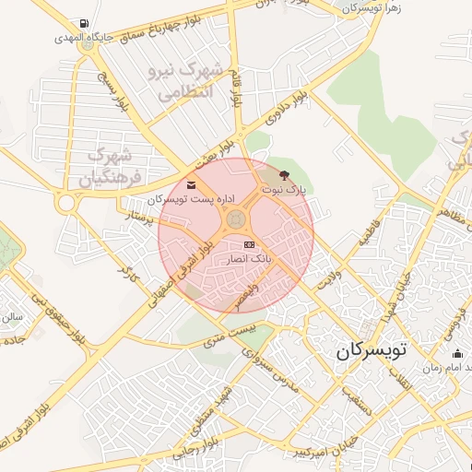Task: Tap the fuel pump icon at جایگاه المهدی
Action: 85,23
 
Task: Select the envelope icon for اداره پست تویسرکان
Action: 191,184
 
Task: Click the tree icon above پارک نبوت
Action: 283,174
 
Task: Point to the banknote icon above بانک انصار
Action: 249,244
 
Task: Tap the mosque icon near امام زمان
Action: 457,353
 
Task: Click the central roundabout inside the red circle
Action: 236,220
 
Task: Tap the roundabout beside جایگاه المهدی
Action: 88,41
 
